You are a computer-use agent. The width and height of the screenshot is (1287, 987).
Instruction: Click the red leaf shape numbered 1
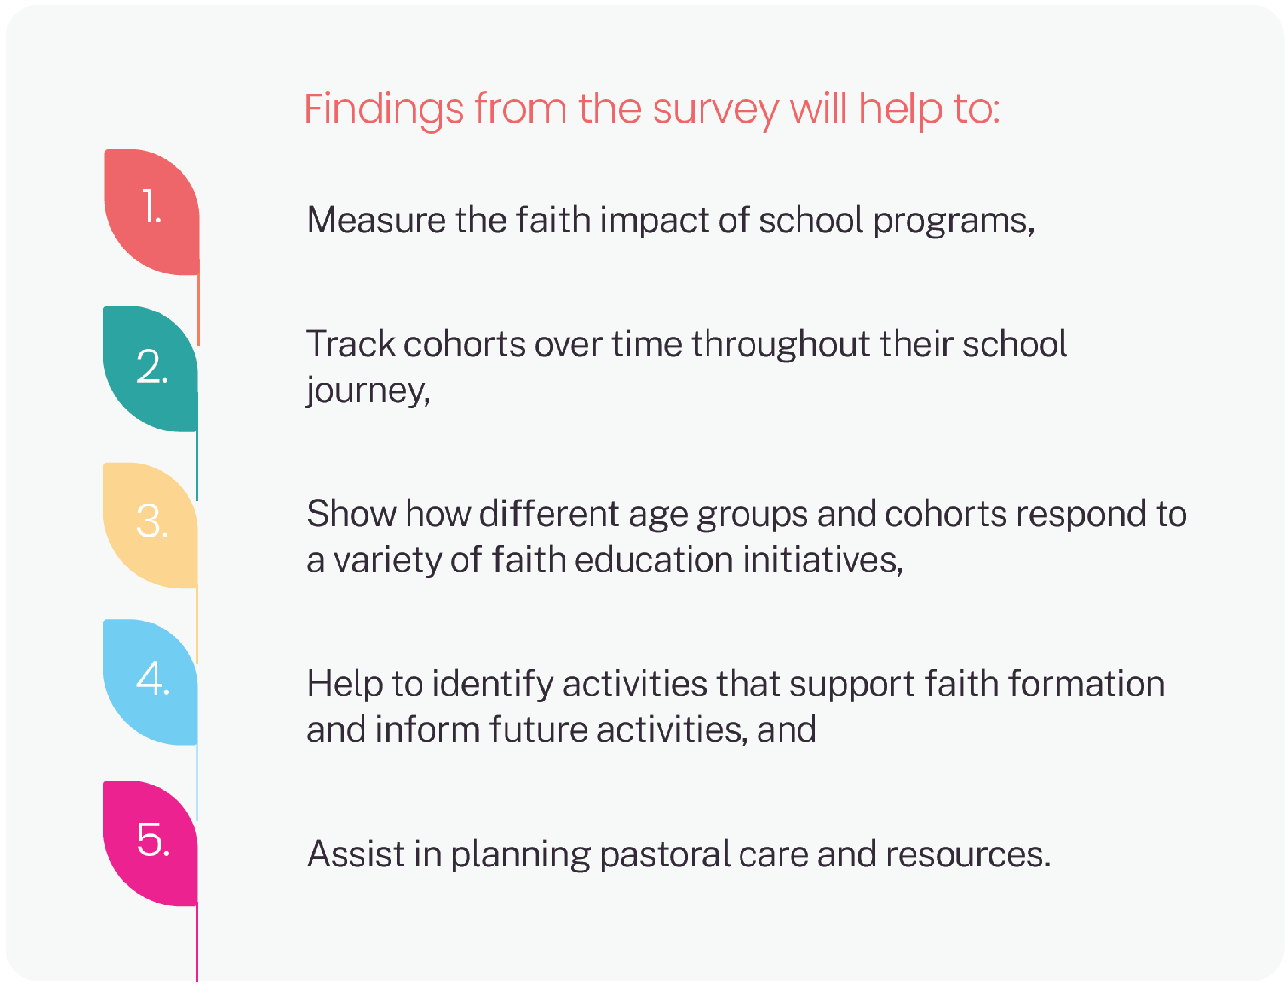pos(151,212)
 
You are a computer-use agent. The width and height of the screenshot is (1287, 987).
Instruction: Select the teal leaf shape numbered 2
pos(150,369)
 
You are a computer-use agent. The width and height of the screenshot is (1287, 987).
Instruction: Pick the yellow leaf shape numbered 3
pos(150,525)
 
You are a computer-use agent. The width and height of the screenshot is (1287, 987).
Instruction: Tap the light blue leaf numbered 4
pos(150,682)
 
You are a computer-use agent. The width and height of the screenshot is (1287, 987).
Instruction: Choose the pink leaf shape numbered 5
pos(150,843)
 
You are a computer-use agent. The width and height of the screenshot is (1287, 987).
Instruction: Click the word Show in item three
pos(351,514)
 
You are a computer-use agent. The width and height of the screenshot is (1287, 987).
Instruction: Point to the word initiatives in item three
pos(822,560)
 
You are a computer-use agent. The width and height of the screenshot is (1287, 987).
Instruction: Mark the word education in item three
pos(653,560)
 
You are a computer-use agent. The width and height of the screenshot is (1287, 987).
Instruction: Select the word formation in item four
pos(1086,684)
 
